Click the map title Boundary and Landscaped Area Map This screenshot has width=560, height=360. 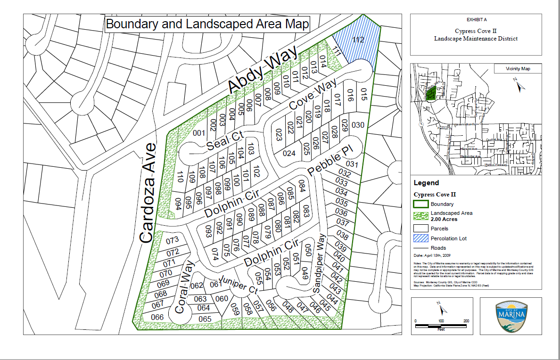click(x=207, y=25)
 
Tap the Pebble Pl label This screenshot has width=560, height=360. click(x=329, y=161)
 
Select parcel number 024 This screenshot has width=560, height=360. click(x=289, y=153)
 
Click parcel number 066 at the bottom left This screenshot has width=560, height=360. click(x=157, y=317)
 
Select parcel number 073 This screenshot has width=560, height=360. click(x=173, y=240)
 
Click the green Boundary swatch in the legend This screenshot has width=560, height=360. click(x=420, y=204)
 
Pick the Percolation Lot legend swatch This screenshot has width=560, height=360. click(x=420, y=238)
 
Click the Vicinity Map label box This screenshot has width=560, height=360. click(x=518, y=69)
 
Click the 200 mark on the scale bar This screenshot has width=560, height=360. click(x=466, y=321)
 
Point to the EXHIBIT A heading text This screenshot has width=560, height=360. click(x=476, y=20)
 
